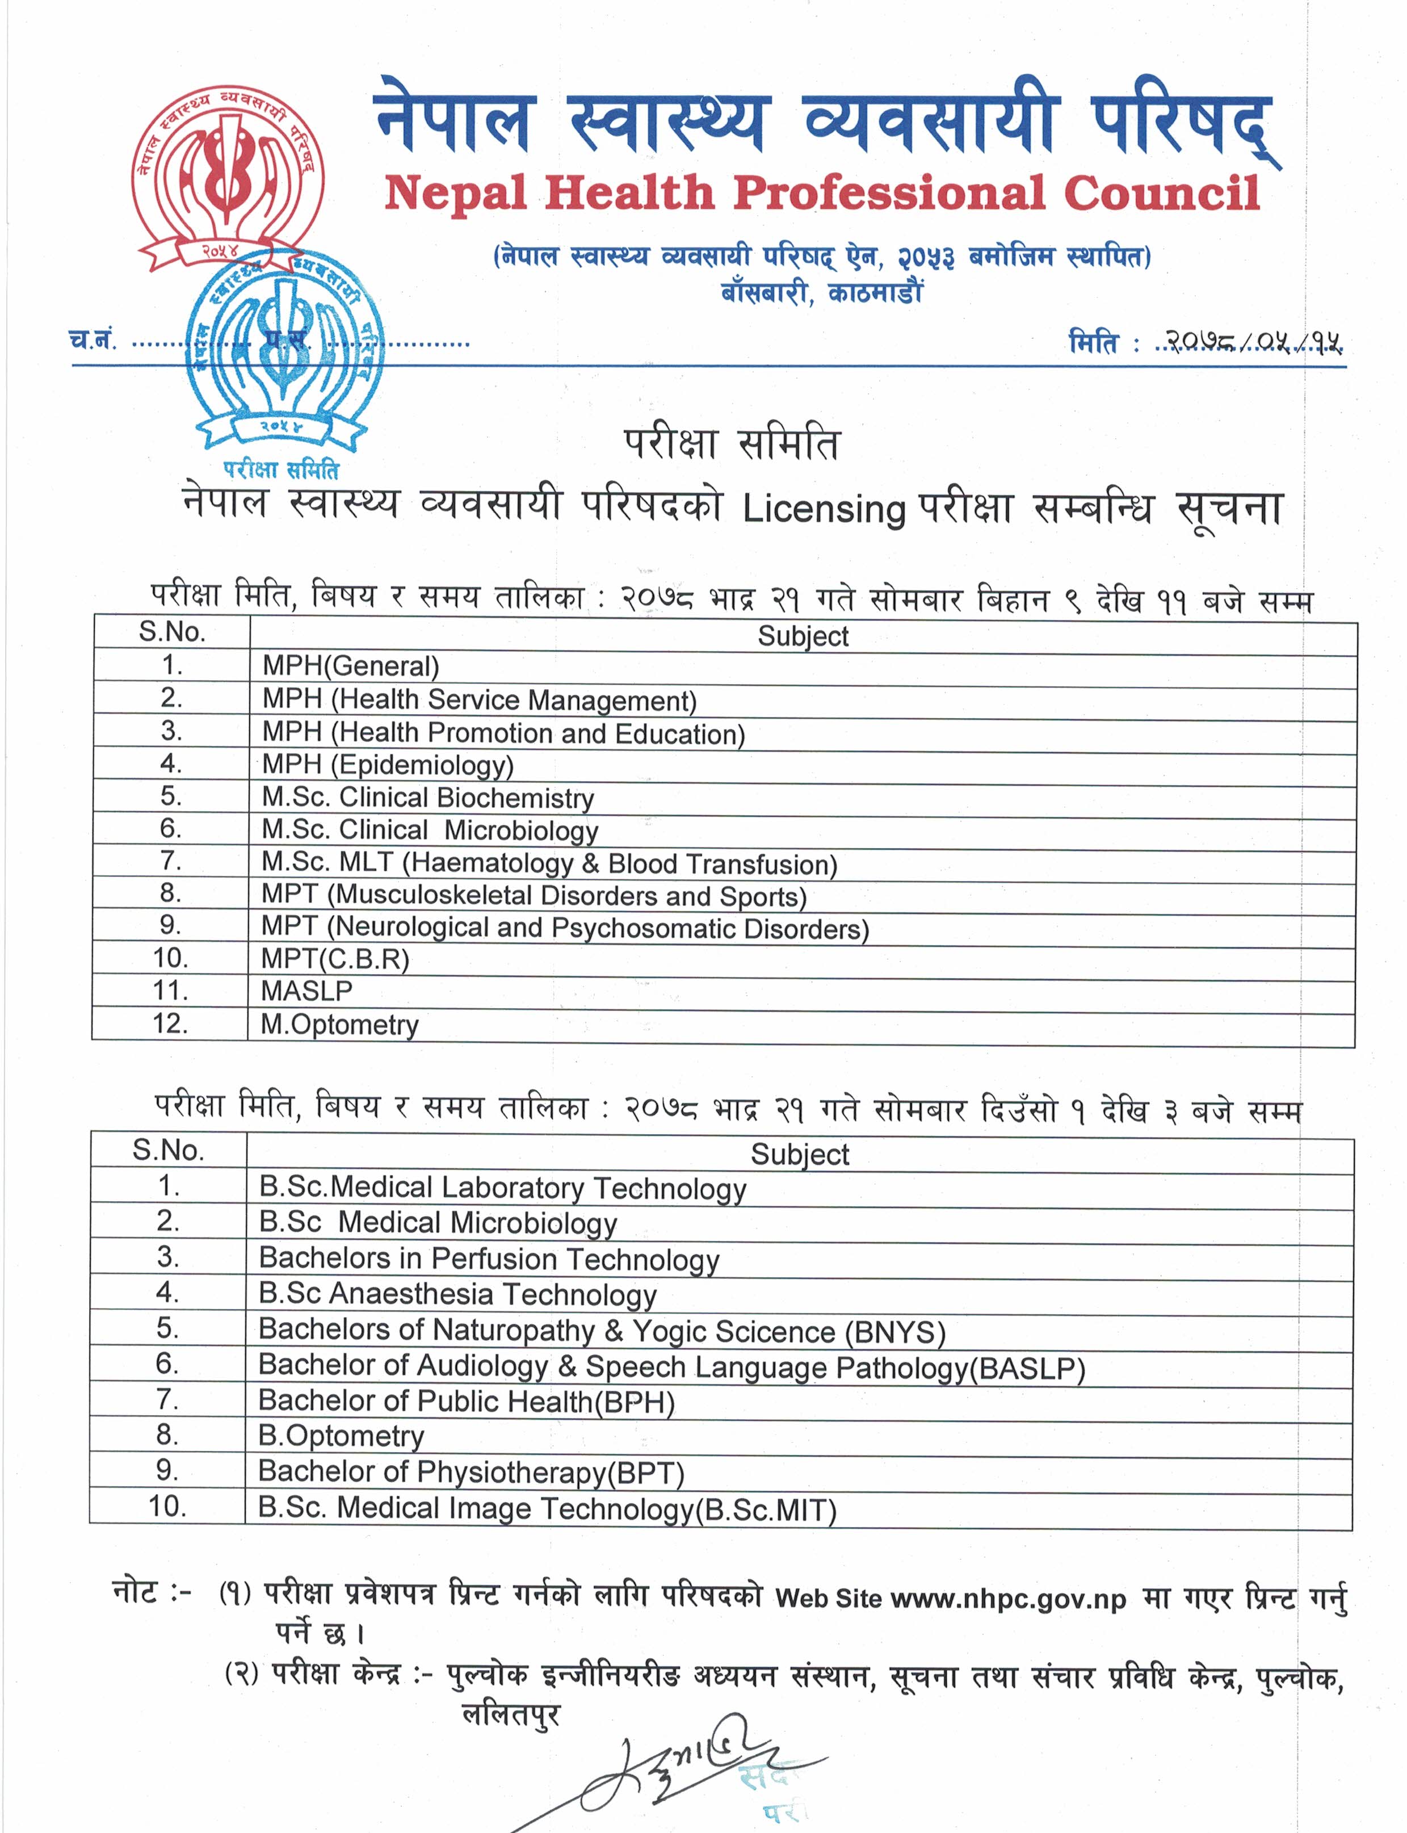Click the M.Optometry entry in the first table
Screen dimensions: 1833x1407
point(339,1025)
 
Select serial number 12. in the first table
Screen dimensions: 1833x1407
point(170,1024)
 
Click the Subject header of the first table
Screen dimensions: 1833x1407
point(803,637)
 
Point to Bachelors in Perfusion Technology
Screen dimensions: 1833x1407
point(489,1259)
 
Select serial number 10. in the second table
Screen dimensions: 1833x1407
point(167,1506)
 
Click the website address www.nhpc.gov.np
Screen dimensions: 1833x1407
point(1009,1599)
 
